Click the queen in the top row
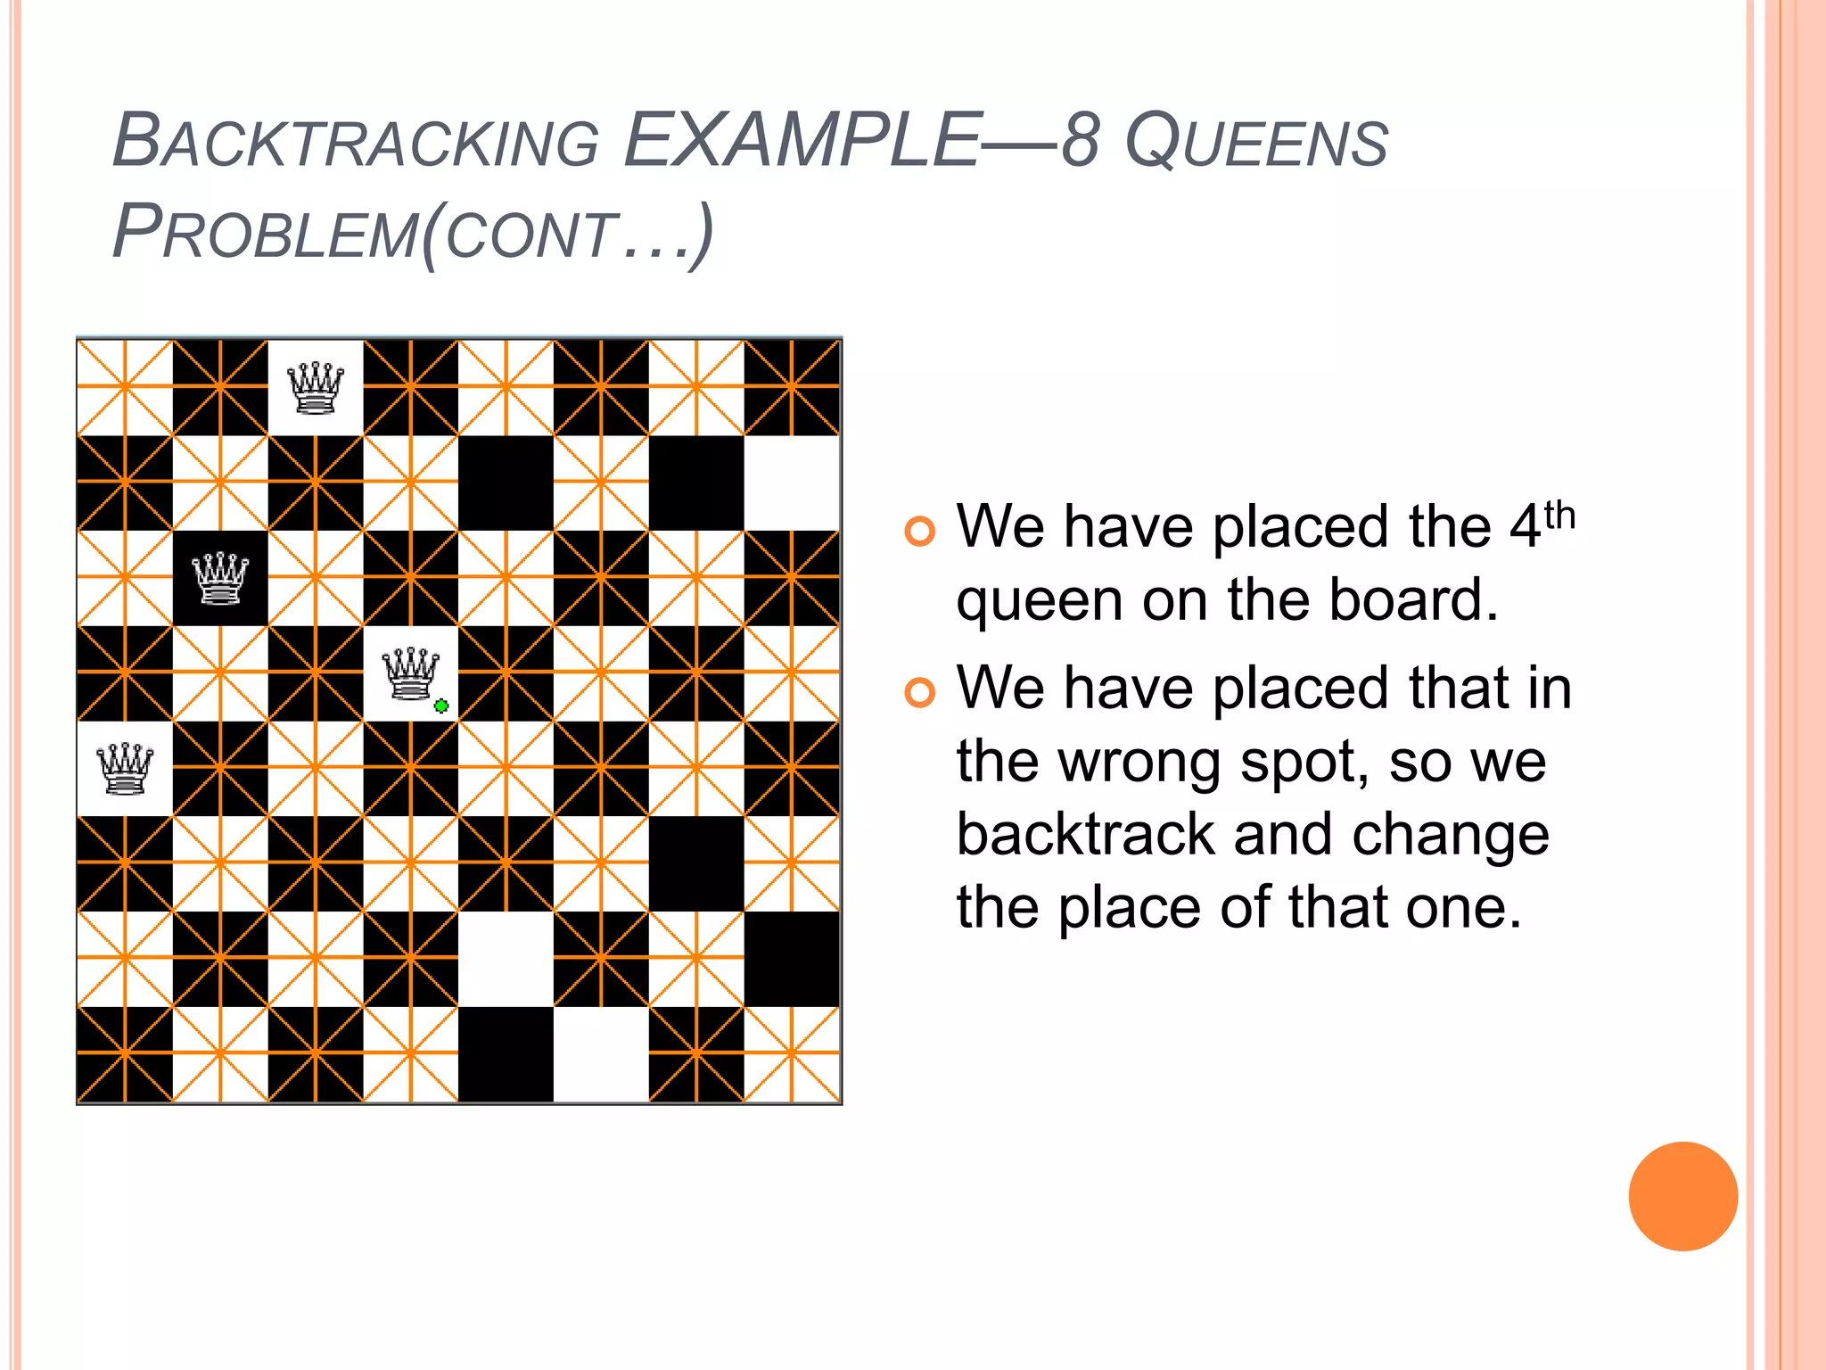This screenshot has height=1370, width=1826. tap(316, 388)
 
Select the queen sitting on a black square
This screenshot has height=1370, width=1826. tap(220, 578)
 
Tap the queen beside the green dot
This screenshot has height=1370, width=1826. tap(410, 673)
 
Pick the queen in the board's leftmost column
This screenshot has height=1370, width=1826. tap(125, 768)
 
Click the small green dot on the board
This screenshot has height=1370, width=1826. tap(440, 706)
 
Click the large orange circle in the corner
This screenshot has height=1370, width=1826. tap(1682, 1196)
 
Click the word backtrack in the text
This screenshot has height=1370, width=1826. tap(1085, 835)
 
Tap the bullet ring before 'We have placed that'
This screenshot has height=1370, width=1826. tap(919, 692)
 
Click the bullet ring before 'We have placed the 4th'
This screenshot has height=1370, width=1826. tap(919, 532)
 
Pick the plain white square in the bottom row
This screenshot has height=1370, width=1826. tap(601, 1054)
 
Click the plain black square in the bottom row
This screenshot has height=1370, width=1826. tap(506, 1054)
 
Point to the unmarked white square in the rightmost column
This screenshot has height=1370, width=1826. tap(792, 483)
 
